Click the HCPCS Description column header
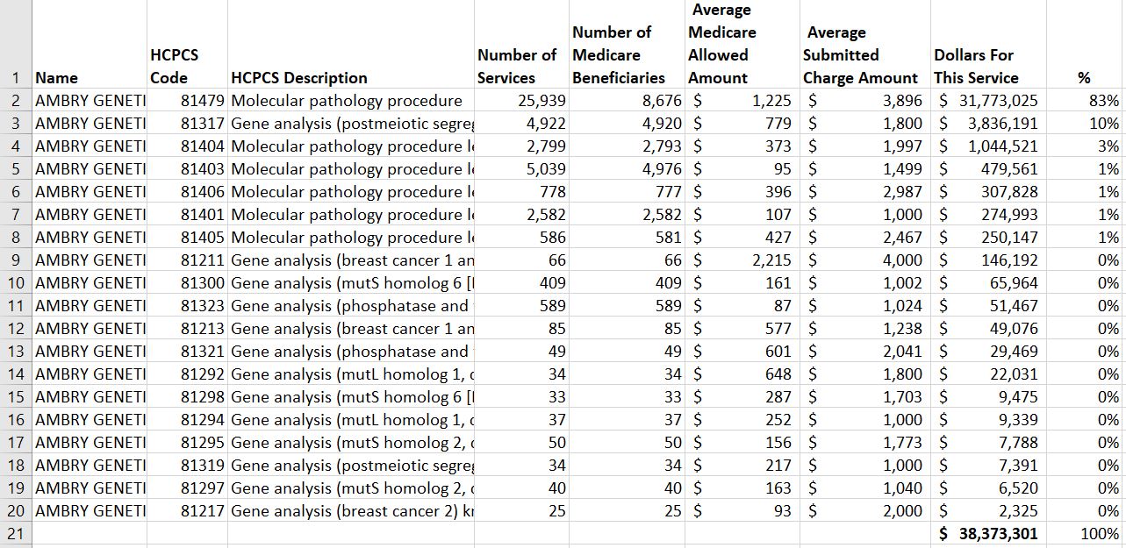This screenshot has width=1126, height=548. [298, 77]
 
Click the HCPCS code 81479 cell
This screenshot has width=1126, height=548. [203, 100]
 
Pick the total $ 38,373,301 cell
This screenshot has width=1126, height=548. [988, 533]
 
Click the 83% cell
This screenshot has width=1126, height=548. [1108, 100]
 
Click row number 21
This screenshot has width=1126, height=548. [16, 533]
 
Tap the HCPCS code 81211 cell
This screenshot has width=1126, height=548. [203, 260]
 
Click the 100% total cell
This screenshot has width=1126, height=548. [1101, 533]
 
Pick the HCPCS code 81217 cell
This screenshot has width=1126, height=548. [203, 510]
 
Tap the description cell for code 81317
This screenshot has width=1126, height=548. [351, 123]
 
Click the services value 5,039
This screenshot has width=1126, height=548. [546, 168]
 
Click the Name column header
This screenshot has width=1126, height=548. [56, 77]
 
